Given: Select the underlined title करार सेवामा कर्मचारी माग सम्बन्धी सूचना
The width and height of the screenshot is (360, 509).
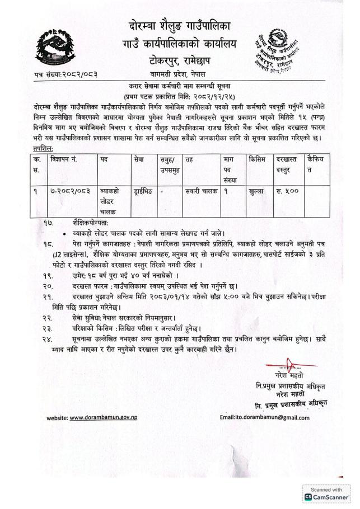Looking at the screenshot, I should tap(180, 85).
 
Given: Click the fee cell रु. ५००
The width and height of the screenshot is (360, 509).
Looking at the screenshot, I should tap(287, 191).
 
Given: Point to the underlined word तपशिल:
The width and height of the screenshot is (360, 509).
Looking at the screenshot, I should tap(44, 148).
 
